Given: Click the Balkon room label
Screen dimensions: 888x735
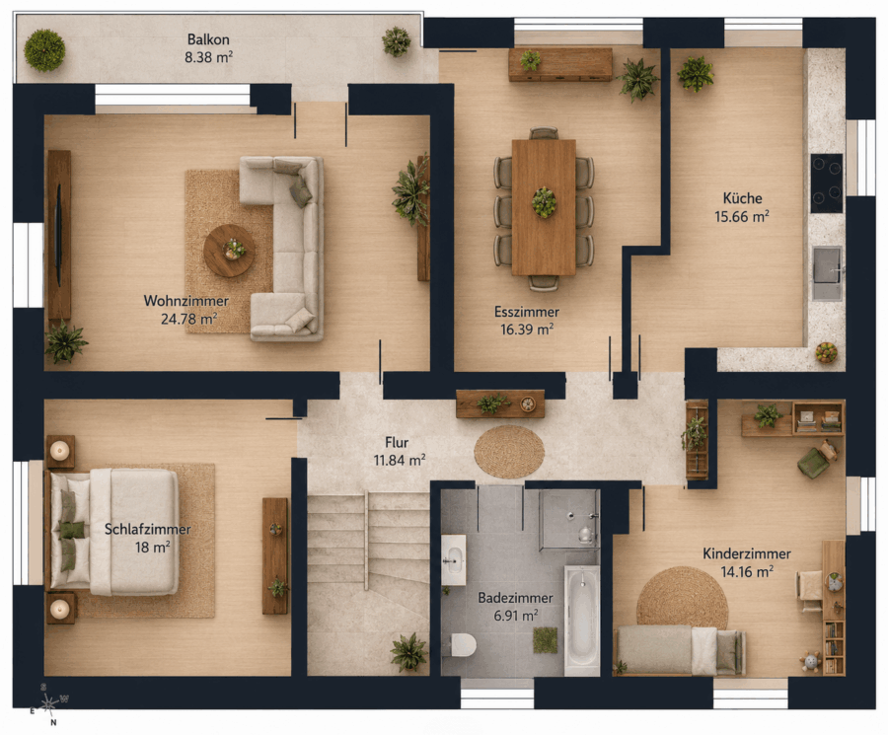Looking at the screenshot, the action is pos(208,39).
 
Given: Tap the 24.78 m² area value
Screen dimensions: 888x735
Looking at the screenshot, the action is pos(189,319).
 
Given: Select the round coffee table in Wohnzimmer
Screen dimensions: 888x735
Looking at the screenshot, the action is pos(229,251).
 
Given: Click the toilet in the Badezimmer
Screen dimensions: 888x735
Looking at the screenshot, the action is pos(463,644).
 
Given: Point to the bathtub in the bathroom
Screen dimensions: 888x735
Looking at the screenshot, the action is pos(581,620).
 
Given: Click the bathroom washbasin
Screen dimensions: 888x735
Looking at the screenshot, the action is pos(454,559).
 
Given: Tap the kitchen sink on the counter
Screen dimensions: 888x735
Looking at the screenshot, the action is pos(828,273).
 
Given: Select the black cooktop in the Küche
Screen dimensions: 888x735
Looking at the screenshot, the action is pos(826,183).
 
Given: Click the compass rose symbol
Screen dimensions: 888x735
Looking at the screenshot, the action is pos(50,704).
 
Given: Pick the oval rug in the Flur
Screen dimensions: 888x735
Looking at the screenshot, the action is pos(509,452).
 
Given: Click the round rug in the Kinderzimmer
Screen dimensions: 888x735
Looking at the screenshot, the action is pos(683,599).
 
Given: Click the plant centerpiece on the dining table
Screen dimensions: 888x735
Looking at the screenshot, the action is pos(544,201).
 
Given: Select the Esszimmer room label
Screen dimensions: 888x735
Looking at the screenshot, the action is pos(527,312).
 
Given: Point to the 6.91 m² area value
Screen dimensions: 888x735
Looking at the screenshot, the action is pos(516,615).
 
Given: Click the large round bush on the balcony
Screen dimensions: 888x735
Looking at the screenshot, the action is pos(44,50).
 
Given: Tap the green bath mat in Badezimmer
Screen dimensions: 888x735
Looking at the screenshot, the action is pos(545,640).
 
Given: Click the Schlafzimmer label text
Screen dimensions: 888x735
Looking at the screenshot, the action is pos(148,530).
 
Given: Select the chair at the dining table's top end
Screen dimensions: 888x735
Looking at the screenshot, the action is pos(544,133).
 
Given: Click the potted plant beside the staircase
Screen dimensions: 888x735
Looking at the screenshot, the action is pos(408,652).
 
